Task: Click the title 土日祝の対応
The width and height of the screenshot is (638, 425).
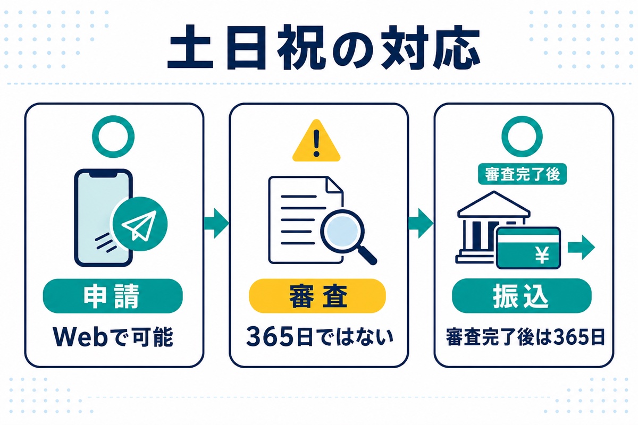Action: [x=324, y=48]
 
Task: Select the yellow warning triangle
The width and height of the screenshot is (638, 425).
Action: [x=316, y=141]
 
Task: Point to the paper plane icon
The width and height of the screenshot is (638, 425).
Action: [x=139, y=225]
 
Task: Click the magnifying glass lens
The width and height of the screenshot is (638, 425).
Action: [x=342, y=231]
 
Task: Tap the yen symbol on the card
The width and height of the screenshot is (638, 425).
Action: [x=542, y=255]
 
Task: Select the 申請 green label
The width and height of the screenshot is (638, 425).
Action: [x=113, y=296]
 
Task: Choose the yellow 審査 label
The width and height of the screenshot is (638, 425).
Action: [x=317, y=296]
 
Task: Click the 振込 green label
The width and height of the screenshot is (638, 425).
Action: [x=522, y=296]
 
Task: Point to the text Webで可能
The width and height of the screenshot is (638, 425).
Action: [x=113, y=337]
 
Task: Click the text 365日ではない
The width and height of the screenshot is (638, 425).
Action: [x=320, y=337]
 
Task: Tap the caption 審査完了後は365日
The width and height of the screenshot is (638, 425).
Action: [x=525, y=337]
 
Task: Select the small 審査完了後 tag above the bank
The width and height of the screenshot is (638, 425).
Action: [x=522, y=174]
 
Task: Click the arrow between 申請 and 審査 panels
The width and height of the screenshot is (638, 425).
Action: [x=217, y=223]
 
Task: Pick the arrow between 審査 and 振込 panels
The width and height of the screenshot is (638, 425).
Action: [x=421, y=223]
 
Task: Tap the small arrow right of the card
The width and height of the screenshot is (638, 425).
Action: [x=581, y=248]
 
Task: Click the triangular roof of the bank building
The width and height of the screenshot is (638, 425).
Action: [x=494, y=203]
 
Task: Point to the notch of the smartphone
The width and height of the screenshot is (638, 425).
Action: [x=104, y=174]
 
